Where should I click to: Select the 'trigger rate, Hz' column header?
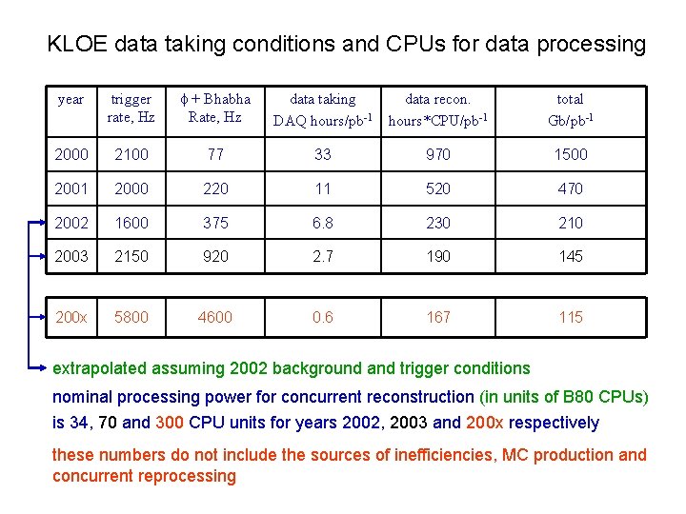tap(131, 109)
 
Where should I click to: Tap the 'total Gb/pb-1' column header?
tap(571, 109)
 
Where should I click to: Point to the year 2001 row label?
tap(71, 188)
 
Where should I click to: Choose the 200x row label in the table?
tap(71, 317)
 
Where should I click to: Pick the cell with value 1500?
tap(571, 154)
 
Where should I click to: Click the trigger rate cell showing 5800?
tap(131, 317)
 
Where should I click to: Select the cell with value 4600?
tap(215, 317)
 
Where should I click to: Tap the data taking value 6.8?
tap(323, 223)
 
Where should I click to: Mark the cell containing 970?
tap(438, 154)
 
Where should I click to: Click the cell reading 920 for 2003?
tap(215, 256)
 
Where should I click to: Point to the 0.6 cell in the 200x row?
tap(323, 317)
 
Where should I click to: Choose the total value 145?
tap(571, 256)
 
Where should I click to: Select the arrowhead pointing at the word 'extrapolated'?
tap(44, 366)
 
